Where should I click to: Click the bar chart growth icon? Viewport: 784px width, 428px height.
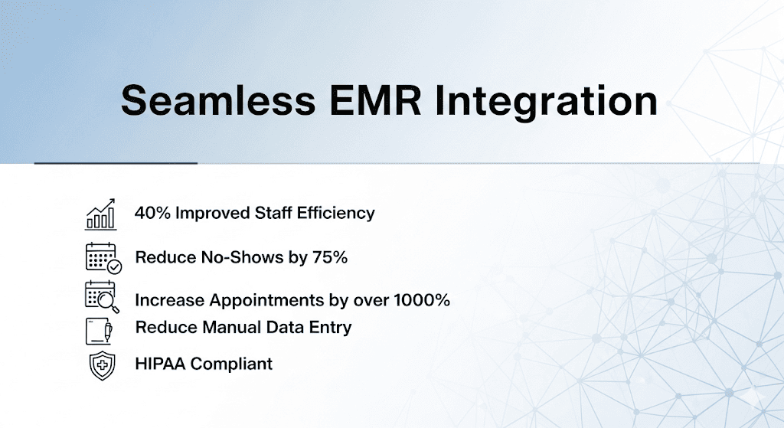coord(101,214)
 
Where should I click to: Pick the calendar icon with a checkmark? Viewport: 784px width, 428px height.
coord(103,258)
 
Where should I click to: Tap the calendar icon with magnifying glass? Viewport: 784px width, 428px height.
coord(103,297)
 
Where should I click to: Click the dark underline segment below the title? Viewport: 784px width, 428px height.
coord(116,163)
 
